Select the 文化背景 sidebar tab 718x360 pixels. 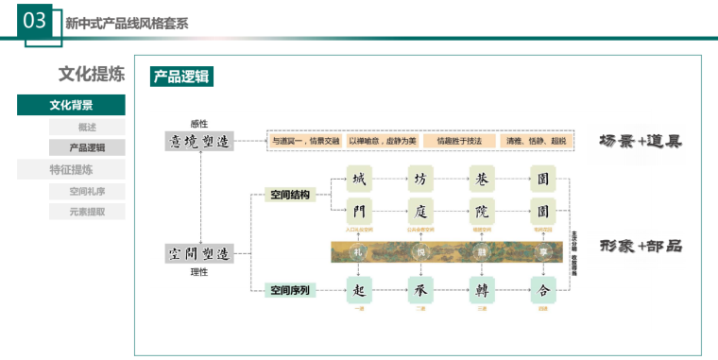[71, 105]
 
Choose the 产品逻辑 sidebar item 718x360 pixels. [87, 147]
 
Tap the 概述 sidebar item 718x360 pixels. [87, 127]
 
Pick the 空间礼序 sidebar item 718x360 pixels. [87, 191]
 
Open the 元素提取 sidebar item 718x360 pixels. [87, 212]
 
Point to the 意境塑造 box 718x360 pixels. [198, 141]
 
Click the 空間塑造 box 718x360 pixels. [198, 253]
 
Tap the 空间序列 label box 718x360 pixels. [289, 290]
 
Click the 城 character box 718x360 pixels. [358, 178]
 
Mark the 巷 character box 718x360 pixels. [482, 178]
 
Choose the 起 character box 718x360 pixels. [358, 289]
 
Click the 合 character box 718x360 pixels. [543, 289]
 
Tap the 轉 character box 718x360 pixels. [482, 289]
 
